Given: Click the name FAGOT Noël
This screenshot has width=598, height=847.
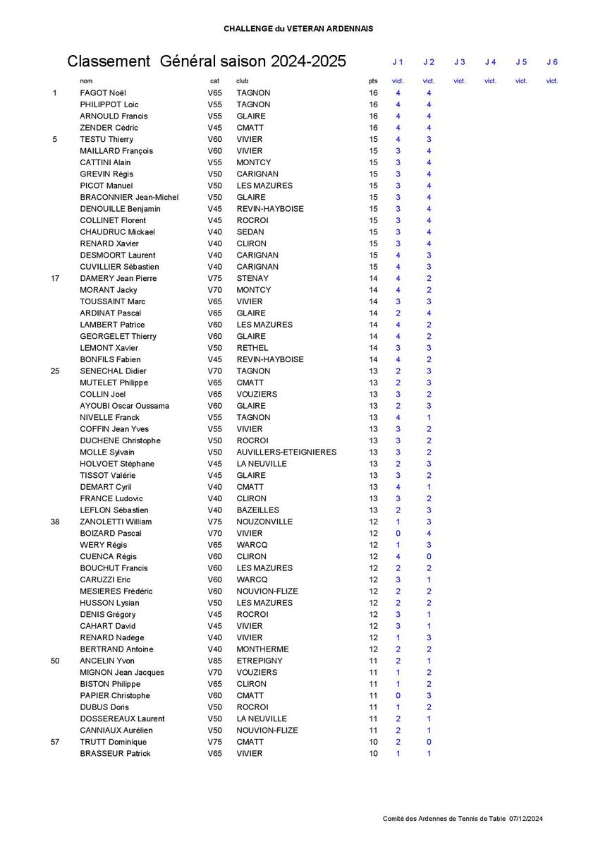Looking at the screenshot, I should coord(103,93).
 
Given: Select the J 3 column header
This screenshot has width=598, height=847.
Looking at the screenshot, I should coord(460,62).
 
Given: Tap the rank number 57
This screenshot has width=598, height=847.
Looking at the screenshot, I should coord(55,742).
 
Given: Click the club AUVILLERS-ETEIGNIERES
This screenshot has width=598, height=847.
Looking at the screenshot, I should coord(286,452).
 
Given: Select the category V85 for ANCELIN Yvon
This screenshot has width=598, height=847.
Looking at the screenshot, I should coord(214,661).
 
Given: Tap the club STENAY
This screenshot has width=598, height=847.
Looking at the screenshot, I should coord(252,279).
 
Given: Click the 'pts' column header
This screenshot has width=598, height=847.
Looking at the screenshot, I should coord(373,81).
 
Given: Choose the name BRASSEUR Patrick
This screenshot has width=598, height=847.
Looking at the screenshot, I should coord(115,754).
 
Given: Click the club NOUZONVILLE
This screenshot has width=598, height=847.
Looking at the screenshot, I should coord(264,522).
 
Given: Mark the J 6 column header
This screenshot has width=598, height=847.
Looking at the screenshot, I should coord(552,62).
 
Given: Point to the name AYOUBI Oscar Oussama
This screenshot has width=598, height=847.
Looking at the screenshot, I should coord(124,406).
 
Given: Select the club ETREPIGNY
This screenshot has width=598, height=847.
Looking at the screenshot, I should coord(260,661).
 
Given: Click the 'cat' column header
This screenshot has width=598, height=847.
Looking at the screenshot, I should coord(214,81).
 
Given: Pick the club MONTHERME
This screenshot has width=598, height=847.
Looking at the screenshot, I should coord(264,649).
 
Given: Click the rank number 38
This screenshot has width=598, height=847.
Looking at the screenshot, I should coord(55,522).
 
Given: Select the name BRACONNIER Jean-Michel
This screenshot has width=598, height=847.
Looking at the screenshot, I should coord(129,198).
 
